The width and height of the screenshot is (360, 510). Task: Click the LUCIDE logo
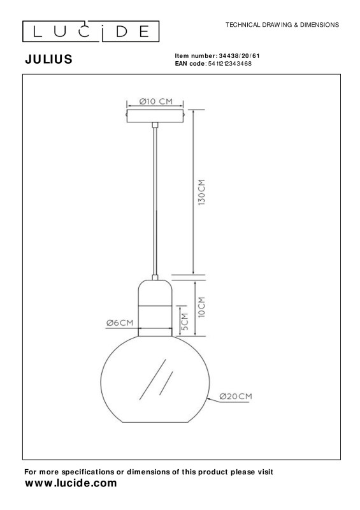(x=90, y=31)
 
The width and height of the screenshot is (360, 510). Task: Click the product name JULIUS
(x=49, y=59)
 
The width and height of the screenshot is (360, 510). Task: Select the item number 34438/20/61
(x=240, y=56)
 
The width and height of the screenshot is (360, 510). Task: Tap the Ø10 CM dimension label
(x=155, y=101)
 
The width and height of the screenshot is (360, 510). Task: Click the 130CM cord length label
(x=201, y=193)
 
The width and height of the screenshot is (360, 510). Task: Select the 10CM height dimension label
(x=201, y=307)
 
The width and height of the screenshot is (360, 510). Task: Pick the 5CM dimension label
(x=185, y=322)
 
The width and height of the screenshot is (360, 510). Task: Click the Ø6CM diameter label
(x=120, y=323)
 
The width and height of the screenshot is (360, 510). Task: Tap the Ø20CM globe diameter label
(x=236, y=396)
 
